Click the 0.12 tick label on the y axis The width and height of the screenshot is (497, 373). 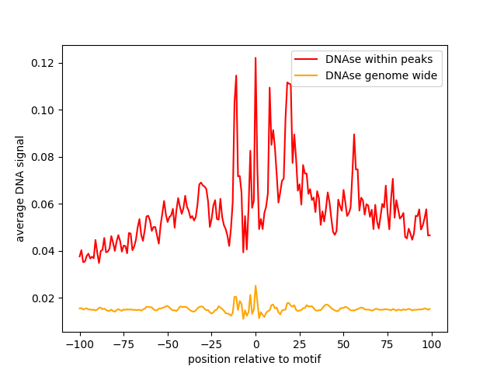pyautogui.click(x=43, y=63)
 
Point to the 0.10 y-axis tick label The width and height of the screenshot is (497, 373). pyautogui.click(x=43, y=110)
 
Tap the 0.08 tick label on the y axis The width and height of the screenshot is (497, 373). pyautogui.click(x=43, y=157)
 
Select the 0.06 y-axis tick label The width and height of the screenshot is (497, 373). pyautogui.click(x=43, y=204)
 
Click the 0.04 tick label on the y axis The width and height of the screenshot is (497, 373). pyautogui.click(x=43, y=251)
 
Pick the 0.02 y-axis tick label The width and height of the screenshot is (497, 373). pyautogui.click(x=43, y=298)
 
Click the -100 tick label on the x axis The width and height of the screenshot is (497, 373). pyautogui.click(x=79, y=344)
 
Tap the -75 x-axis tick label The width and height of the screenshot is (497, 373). pyautogui.click(x=123, y=344)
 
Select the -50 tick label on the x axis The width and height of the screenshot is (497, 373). pyautogui.click(x=167, y=344)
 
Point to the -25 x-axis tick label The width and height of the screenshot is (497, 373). pyautogui.click(x=211, y=344)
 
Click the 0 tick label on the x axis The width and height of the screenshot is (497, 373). pyautogui.click(x=255, y=344)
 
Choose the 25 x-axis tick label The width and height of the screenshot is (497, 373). pyautogui.click(x=299, y=344)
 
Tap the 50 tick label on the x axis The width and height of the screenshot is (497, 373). pyautogui.click(x=343, y=344)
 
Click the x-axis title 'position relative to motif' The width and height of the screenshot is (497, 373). pyautogui.click(x=255, y=359)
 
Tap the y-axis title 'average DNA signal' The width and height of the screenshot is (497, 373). pyautogui.click(x=20, y=188)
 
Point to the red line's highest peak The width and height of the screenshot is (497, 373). pyautogui.click(x=255, y=58)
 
